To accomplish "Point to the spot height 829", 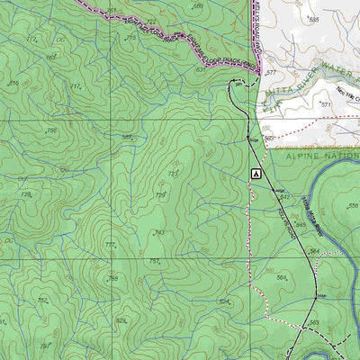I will tap(121, 320).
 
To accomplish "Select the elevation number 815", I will tap(13, 83).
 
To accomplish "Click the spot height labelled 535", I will tap(313, 19).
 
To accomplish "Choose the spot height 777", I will tap(110, 245).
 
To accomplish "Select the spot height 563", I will tap(313, 322).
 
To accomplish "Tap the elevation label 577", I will tap(269, 72).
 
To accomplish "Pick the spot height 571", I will tap(326, 104).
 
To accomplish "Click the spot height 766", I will tap(112, 279).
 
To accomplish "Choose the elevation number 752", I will tap(41, 300).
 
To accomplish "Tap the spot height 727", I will tap(172, 174).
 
